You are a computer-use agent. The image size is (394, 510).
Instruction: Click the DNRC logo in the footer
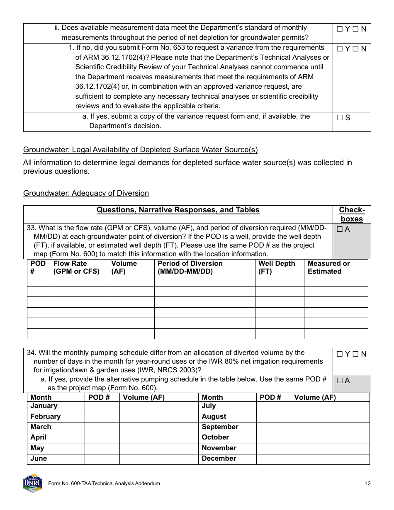32,483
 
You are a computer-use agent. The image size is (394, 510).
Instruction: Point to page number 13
368,483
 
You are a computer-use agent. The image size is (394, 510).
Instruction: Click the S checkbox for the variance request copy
340,118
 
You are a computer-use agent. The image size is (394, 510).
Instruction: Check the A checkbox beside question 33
339,229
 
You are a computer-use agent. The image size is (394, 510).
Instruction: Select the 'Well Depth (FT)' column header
277,267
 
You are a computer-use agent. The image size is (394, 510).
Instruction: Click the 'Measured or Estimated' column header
328,267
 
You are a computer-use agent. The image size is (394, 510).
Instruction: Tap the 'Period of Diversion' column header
190,267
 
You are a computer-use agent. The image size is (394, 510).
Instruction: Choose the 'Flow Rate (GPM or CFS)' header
76,267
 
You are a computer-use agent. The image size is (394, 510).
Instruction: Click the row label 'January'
44,406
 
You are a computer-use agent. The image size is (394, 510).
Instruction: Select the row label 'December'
219,459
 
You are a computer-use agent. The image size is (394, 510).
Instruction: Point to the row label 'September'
220,427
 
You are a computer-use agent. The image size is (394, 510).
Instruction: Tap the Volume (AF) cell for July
330,406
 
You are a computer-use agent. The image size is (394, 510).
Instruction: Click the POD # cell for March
102,427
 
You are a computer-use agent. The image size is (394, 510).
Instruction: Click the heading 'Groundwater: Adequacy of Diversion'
86,193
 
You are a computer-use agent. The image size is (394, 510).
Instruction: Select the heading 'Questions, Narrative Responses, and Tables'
178,210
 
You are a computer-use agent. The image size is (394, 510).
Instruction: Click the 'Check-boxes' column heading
352,214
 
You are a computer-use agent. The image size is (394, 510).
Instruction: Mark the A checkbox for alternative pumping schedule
339,381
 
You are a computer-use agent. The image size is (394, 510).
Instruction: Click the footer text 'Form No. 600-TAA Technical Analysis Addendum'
104,483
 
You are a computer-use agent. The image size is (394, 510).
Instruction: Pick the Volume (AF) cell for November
330,449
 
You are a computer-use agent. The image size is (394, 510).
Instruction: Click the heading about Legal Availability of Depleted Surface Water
140,150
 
